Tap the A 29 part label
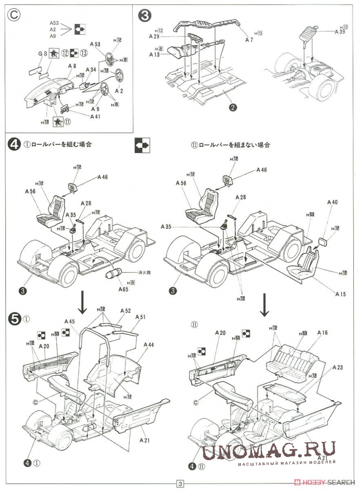154,37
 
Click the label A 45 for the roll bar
70,321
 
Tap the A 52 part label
125,311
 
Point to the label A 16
323,332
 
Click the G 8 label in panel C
42,54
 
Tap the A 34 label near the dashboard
91,70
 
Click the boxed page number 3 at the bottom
180,483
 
